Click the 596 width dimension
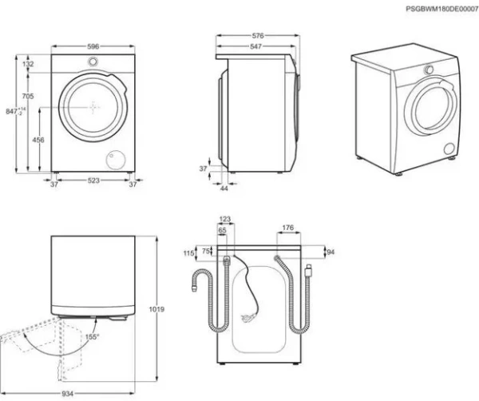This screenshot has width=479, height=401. pyautogui.click(x=93, y=46)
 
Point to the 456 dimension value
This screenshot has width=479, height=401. pyautogui.click(x=38, y=139)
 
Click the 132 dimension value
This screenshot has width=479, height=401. pyautogui.click(x=28, y=64)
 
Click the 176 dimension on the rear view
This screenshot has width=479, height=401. pyautogui.click(x=288, y=228)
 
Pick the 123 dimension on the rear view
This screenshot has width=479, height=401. pyautogui.click(x=224, y=219)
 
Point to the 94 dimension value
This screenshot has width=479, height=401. pyautogui.click(x=331, y=252)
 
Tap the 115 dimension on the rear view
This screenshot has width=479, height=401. pyautogui.click(x=188, y=253)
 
